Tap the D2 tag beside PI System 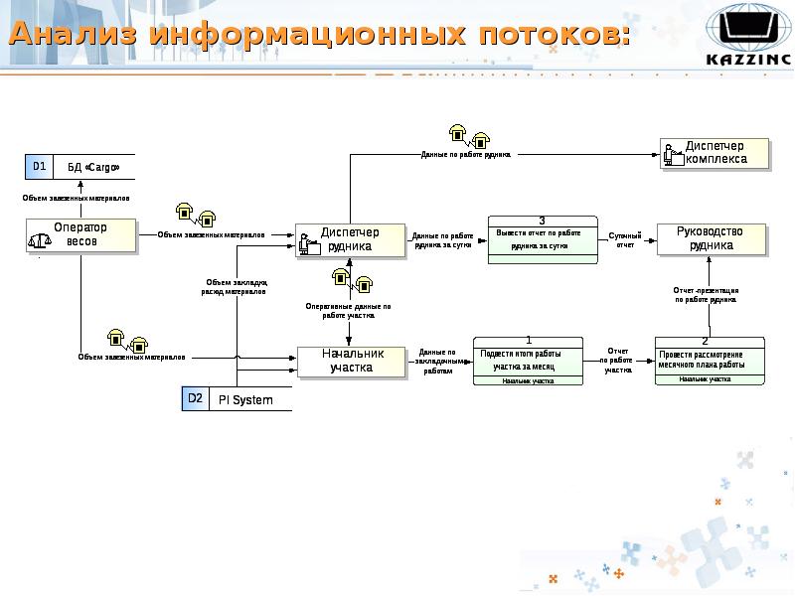[x=195, y=399]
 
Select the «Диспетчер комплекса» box [x=715, y=152]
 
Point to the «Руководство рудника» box [x=713, y=237]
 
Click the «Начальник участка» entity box [x=352, y=361]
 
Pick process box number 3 [x=542, y=238]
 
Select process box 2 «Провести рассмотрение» [x=712, y=361]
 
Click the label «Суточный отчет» [x=625, y=239]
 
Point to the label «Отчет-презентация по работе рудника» [x=707, y=294]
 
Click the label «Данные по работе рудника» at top [x=466, y=155]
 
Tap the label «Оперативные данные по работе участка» [x=348, y=310]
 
